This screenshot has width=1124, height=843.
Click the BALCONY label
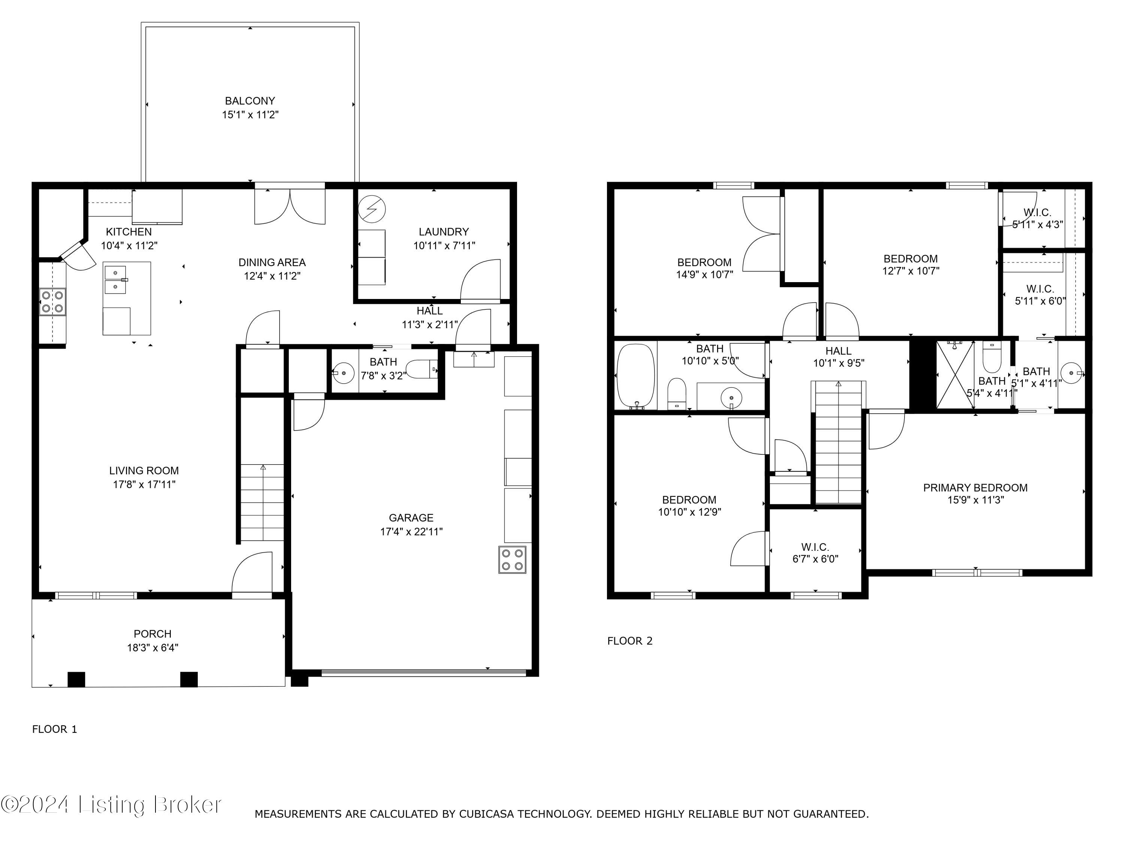pyautogui.click(x=250, y=101)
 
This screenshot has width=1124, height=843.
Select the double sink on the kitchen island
pyautogui.click(x=116, y=280)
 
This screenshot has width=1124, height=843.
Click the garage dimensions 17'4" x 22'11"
pyautogui.click(x=411, y=532)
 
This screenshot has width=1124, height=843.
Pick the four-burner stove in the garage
pyautogui.click(x=512, y=560)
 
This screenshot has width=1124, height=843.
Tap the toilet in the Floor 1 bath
pyautogui.click(x=422, y=370)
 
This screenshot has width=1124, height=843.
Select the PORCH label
pyautogui.click(x=152, y=634)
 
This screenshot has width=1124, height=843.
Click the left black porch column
pyautogui.click(x=76, y=679)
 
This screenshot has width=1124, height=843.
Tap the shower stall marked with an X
pyautogui.click(x=955, y=375)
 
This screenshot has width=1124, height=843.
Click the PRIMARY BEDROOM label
pyautogui.click(x=975, y=488)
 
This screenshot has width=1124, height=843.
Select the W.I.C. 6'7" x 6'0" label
pyautogui.click(x=815, y=553)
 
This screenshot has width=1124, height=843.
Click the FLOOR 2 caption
pyautogui.click(x=629, y=641)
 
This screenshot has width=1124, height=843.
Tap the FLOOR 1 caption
pyautogui.click(x=54, y=729)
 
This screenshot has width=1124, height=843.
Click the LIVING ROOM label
pyautogui.click(x=144, y=471)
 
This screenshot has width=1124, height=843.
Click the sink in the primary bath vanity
pyautogui.click(x=1070, y=374)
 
